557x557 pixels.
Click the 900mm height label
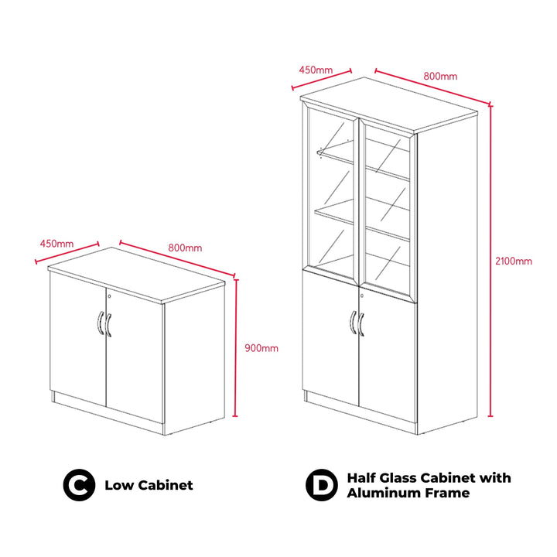261,348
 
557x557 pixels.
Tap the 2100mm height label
514,261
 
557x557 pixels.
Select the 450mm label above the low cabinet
56,244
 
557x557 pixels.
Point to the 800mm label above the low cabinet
185,248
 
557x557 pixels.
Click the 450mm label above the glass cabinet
316,70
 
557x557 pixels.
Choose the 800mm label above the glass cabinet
440,76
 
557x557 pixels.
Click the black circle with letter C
79,485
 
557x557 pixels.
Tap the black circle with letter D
322,485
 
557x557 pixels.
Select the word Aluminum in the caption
381,493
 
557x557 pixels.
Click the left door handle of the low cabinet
101,323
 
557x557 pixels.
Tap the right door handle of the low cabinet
108,325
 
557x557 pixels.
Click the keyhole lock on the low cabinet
109,296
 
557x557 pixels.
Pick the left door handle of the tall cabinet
353,322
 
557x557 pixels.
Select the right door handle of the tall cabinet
361,324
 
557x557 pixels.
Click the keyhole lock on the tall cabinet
362,296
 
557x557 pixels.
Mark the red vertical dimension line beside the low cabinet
235,348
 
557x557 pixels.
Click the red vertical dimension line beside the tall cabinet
490,261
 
